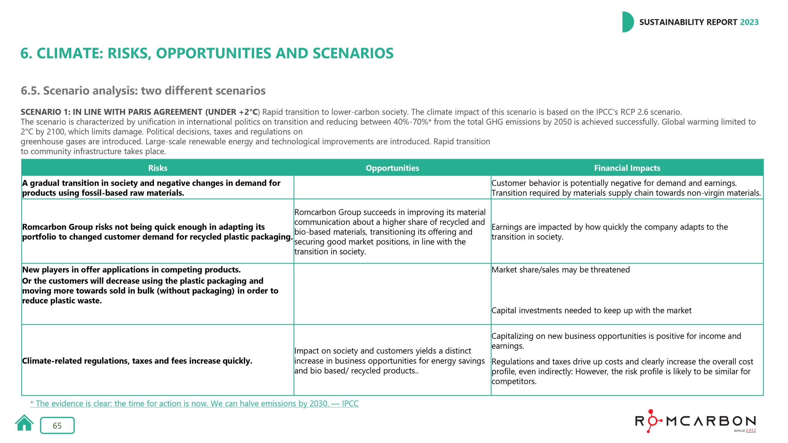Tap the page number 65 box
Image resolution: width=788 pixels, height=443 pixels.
[57, 425]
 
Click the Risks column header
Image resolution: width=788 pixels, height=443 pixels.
[158, 168]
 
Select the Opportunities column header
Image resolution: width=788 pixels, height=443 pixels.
[392, 168]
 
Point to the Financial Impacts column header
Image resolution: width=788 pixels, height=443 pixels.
[627, 168]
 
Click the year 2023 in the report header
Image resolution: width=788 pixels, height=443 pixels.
[749, 22]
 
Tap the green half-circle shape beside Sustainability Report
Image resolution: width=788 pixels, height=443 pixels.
[627, 22]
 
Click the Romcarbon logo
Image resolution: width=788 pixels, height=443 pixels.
[696, 421]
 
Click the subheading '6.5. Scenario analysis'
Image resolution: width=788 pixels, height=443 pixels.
[143, 91]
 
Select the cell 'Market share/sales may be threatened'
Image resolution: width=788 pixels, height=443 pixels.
[561, 270]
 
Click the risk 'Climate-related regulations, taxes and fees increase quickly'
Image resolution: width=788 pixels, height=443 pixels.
[137, 361]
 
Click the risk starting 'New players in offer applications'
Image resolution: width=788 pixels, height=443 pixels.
[131, 270]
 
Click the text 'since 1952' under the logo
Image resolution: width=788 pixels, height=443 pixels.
[745, 430]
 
